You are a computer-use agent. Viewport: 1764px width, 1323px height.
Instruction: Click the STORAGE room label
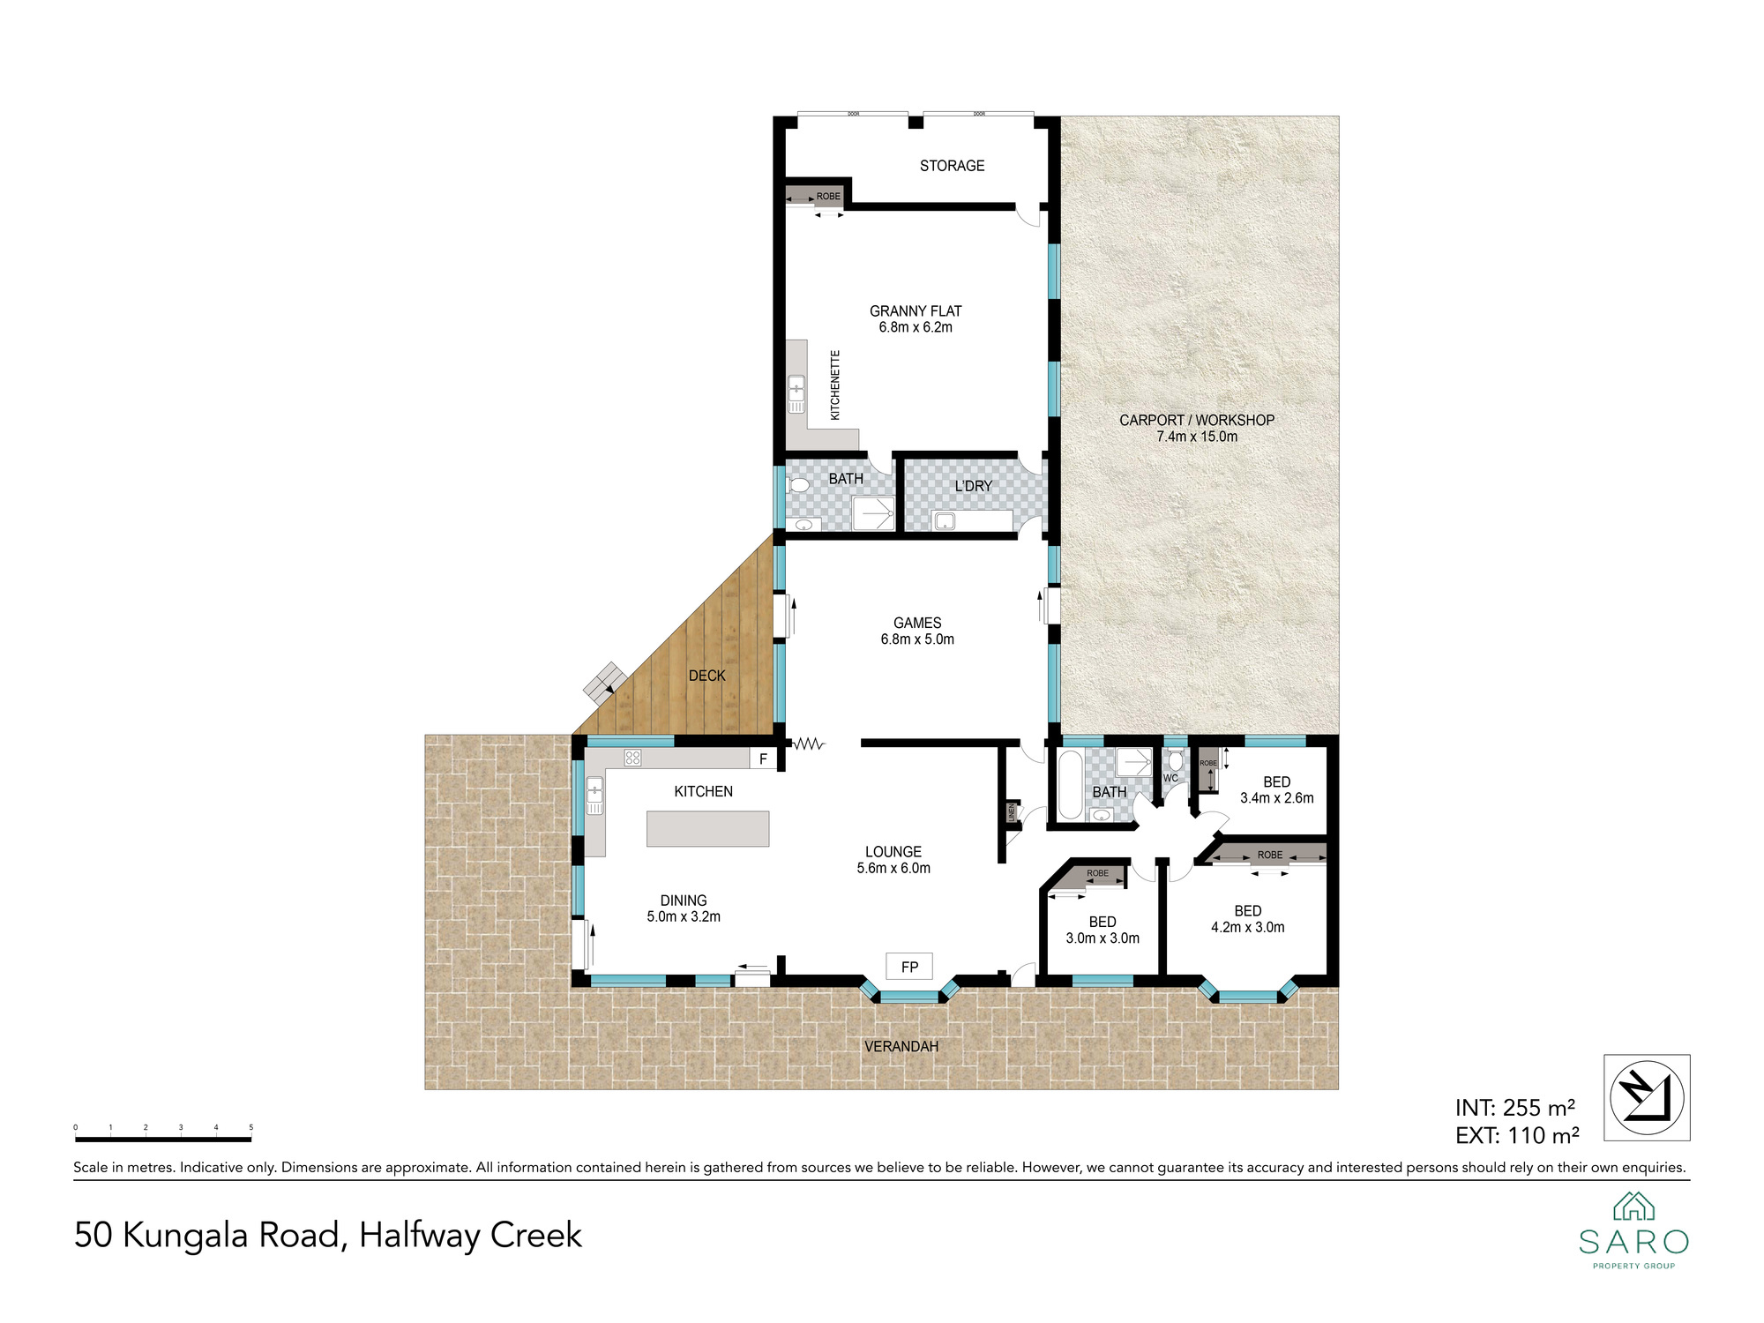point(952,166)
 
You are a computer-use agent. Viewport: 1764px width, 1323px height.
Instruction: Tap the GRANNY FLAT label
point(916,311)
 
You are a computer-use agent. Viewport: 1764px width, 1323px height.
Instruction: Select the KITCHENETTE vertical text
point(835,385)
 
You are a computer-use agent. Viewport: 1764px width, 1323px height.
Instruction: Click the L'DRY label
point(974,486)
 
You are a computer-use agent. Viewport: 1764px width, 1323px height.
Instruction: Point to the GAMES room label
point(917,623)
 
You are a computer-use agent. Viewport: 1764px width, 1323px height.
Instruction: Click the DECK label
point(707,676)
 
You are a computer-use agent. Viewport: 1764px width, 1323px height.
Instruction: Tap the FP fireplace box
point(909,967)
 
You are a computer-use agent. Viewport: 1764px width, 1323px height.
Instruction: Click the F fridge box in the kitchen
point(763,759)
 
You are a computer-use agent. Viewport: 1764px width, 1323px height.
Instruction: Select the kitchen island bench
point(707,829)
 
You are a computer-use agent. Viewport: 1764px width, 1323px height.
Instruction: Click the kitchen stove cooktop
point(632,758)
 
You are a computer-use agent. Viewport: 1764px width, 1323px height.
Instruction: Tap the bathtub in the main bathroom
point(1070,784)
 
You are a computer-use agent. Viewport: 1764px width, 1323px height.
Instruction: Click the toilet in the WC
point(1175,760)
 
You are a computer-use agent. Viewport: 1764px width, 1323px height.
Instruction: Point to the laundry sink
point(944,521)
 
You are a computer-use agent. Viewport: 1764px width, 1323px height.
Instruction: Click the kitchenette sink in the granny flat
point(796,394)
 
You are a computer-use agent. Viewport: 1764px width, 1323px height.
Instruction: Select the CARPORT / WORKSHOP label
point(1197,421)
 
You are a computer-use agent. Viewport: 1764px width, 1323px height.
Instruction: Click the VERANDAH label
point(901,1047)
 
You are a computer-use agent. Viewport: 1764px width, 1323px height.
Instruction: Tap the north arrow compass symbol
point(1647,1098)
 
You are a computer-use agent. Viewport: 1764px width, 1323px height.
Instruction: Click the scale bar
point(164,1140)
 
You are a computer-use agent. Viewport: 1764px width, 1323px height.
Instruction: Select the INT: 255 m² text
point(1515,1108)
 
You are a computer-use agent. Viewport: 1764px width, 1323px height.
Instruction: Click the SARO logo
point(1633,1231)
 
